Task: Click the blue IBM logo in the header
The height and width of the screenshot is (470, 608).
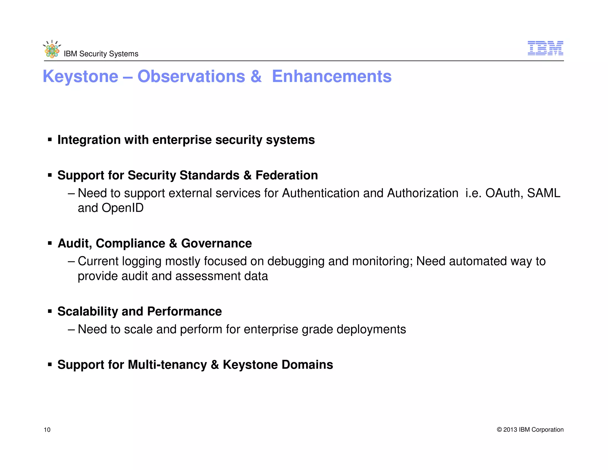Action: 545,48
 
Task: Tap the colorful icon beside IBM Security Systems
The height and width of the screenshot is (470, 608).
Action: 52,50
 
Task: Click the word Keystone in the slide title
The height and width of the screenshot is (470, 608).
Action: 80,76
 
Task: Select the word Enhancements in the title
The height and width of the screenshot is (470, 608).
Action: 332,76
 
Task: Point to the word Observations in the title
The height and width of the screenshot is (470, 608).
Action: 191,76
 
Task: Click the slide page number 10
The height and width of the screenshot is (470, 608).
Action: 47,430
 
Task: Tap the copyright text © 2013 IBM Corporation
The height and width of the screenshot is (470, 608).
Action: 530,430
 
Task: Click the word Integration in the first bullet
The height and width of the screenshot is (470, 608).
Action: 89,140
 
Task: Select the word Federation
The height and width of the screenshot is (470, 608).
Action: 286,175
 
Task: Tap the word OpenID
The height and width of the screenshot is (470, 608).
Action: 123,208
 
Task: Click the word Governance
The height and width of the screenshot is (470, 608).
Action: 216,243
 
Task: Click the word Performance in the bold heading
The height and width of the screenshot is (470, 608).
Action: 184,311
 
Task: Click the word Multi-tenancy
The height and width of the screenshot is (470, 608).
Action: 167,365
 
